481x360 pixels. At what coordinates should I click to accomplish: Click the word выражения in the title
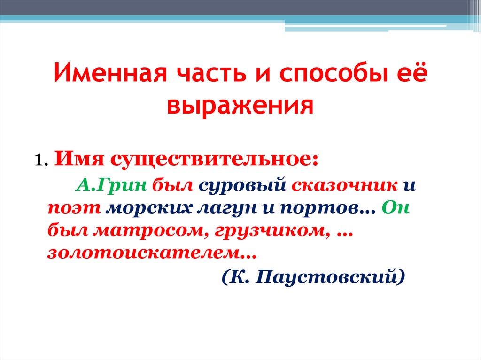tap(240, 105)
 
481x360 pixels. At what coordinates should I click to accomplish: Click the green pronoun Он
tap(396, 207)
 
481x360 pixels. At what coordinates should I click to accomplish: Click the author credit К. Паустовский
tap(313, 277)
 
